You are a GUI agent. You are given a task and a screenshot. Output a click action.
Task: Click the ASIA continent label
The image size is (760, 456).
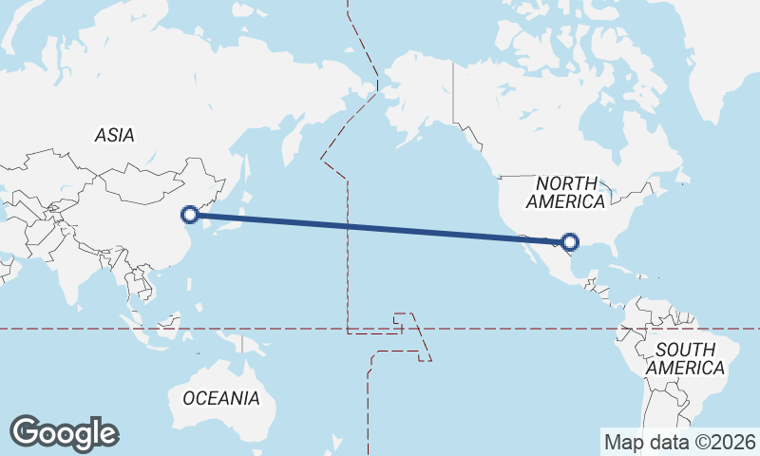114,135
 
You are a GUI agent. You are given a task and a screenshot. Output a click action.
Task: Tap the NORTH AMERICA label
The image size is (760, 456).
565,192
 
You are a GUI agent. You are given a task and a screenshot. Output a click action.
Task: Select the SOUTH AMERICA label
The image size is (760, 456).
684,359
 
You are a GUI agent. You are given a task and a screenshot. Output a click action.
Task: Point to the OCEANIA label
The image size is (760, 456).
221,398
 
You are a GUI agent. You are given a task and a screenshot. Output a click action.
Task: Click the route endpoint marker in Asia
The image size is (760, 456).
190,215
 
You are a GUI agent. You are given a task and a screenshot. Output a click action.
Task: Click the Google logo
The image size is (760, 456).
64,433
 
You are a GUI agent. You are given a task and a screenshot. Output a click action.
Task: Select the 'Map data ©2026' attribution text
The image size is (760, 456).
679,442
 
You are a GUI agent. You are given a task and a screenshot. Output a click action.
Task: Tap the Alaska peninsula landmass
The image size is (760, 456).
418,104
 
